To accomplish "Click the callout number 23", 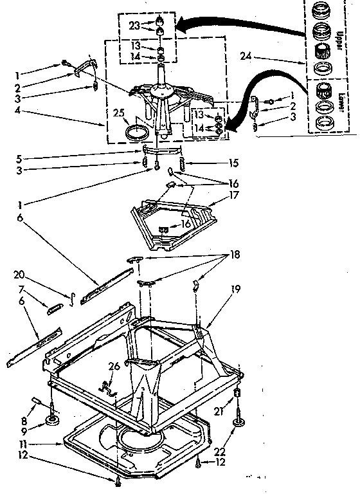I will click(x=133, y=26).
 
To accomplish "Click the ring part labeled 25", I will click(x=136, y=133).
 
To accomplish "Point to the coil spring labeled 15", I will click(x=182, y=163).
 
